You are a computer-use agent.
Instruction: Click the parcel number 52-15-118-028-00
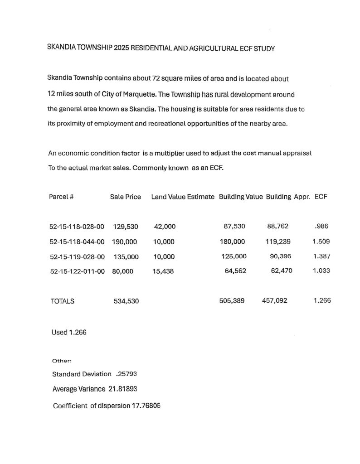pos(77,227)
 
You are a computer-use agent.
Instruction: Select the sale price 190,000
pos(124,242)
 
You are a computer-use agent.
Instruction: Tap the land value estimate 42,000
pos(165,227)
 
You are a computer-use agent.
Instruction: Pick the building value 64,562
pos(234,271)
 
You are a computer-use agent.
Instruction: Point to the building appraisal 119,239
pos(278,242)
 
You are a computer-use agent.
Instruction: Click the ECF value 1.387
pos(321,256)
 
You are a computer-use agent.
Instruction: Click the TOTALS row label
pos(63,301)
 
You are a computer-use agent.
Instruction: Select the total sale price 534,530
pos(126,301)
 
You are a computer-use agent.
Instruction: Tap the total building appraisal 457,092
pos(274,300)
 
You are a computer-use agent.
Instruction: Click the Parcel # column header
pos(61,197)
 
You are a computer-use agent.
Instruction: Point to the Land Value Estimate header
pos(183,197)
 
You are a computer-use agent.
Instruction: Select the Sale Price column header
pos(126,197)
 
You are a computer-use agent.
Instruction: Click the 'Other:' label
pos(62,361)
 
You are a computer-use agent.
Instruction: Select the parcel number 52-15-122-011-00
pos(77,271)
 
